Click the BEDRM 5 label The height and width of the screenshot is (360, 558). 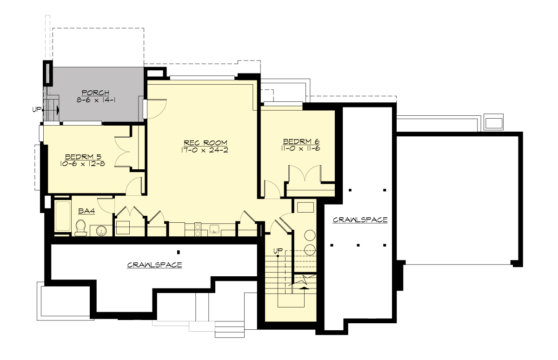[x=81, y=156]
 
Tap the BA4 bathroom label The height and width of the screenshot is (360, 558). [x=86, y=211]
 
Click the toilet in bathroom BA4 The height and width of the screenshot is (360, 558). [x=80, y=228]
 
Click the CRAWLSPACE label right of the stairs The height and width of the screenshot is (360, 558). [x=360, y=220]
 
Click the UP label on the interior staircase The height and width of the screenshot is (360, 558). [x=278, y=251]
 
